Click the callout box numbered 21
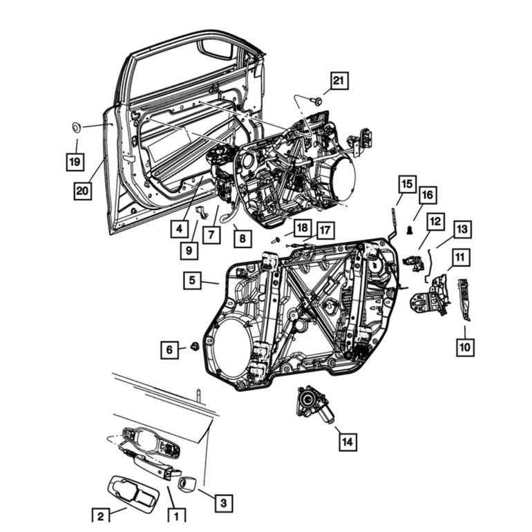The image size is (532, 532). pyautogui.click(x=339, y=81)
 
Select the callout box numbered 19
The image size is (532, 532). pyautogui.click(x=75, y=162)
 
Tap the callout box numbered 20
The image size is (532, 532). pyautogui.click(x=82, y=191)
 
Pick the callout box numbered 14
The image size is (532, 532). pyautogui.click(x=348, y=441)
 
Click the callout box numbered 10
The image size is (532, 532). pyautogui.click(x=465, y=347)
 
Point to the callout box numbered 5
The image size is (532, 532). pyautogui.click(x=192, y=281)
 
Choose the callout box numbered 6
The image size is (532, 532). pyautogui.click(x=170, y=350)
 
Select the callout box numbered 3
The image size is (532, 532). pyautogui.click(x=224, y=502)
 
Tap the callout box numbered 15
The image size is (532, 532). pyautogui.click(x=407, y=184)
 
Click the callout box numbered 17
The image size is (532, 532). pyautogui.click(x=325, y=230)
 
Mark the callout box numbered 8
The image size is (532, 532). pyautogui.click(x=243, y=238)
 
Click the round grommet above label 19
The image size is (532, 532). pyautogui.click(x=77, y=128)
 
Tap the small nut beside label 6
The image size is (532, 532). pyautogui.click(x=195, y=346)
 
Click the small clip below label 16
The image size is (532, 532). pyautogui.click(x=410, y=230)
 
